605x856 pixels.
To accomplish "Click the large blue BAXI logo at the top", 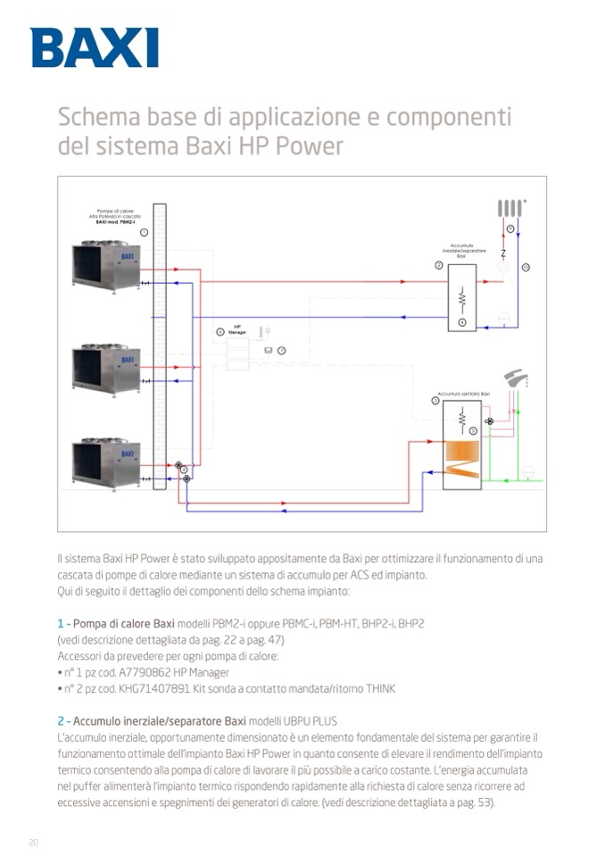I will pyautogui.click(x=95, y=47).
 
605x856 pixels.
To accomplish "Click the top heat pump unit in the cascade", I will pyautogui.click(x=106, y=265).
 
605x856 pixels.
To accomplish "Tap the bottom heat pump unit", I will pyautogui.click(x=106, y=462).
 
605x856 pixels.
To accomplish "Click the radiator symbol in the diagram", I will pyautogui.click(x=510, y=208).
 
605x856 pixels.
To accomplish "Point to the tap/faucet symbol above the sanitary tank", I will pyautogui.click(x=515, y=378).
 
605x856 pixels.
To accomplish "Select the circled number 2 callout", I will pyautogui.click(x=438, y=265).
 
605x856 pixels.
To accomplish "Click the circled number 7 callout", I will pyautogui.click(x=281, y=350).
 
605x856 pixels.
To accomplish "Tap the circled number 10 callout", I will pyautogui.click(x=526, y=267).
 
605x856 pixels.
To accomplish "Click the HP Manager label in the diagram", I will pyautogui.click(x=237, y=329).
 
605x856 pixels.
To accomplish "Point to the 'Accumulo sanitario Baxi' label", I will pyautogui.click(x=463, y=394).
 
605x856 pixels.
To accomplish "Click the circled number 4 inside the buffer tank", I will pyautogui.click(x=462, y=321).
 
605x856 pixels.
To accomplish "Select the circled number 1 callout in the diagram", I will pyautogui.click(x=144, y=231).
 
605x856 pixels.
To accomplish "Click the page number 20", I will pyautogui.click(x=34, y=842).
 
